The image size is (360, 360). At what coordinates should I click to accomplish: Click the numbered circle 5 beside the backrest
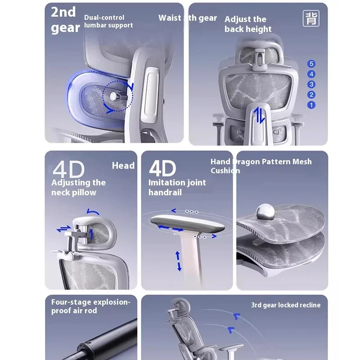(311, 64)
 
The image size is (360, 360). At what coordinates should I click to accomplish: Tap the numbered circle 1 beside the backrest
(311, 105)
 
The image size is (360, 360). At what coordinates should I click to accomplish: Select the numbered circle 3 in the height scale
(311, 85)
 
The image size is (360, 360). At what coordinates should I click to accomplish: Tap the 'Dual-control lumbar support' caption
(108, 21)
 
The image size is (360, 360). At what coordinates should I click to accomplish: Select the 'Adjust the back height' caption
(248, 24)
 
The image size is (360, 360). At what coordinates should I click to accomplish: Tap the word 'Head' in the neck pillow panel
(123, 166)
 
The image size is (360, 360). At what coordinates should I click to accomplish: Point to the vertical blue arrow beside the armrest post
(179, 261)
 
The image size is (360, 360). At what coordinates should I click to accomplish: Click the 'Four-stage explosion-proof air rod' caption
(90, 306)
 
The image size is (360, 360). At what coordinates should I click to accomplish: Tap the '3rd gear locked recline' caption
(286, 305)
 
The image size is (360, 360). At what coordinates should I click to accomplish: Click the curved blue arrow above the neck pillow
(93, 211)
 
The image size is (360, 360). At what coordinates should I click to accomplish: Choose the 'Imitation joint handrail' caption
(177, 187)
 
